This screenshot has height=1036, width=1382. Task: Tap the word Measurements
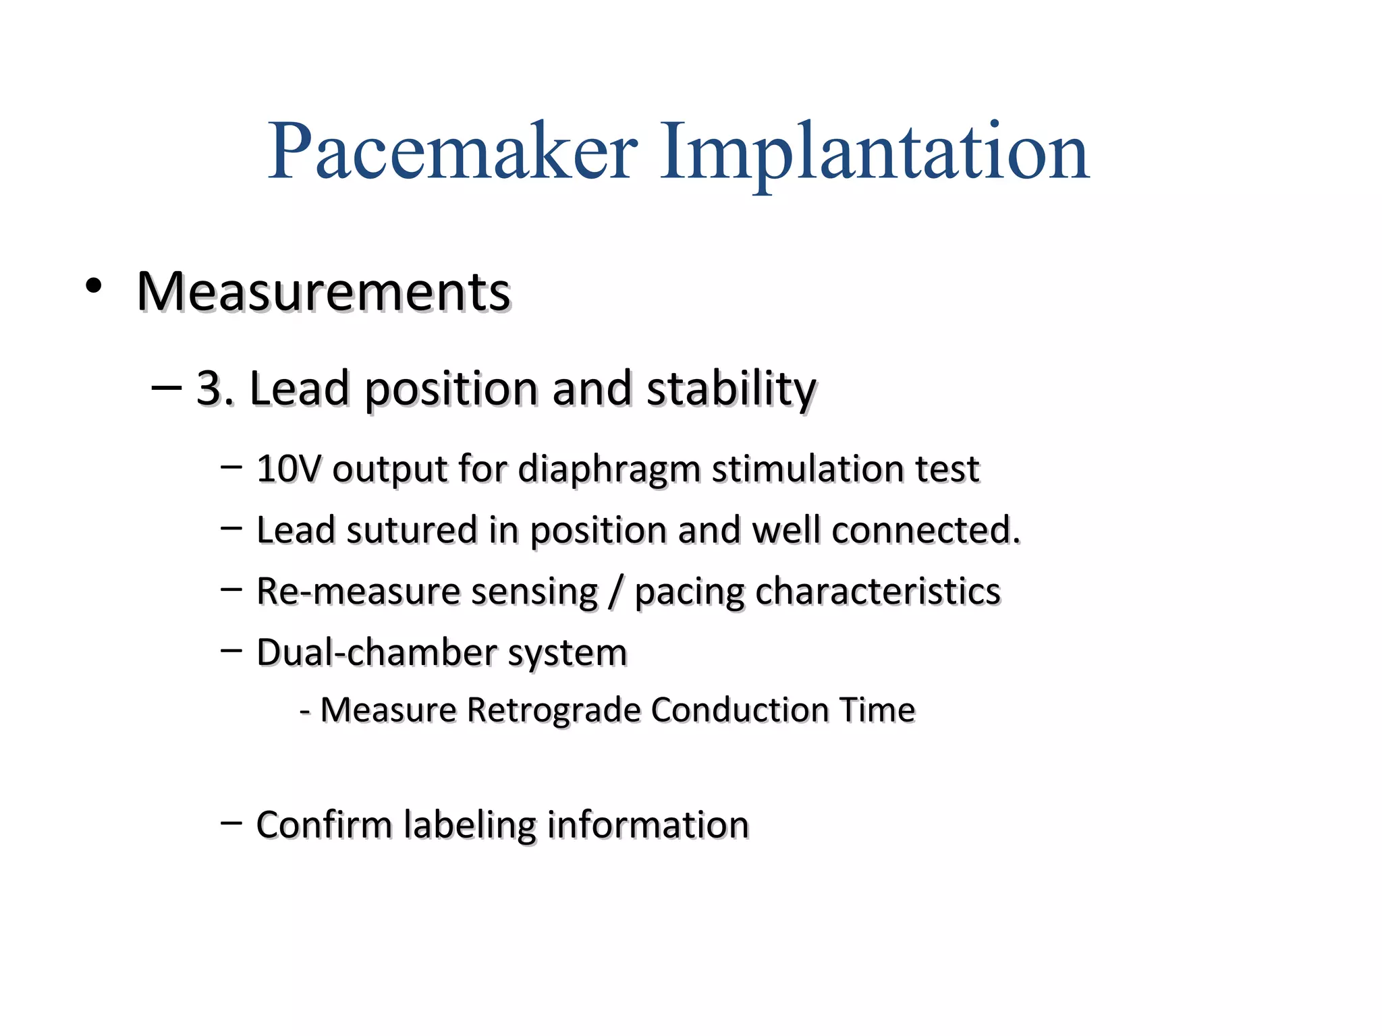(x=323, y=292)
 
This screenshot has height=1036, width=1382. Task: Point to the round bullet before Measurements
(x=93, y=286)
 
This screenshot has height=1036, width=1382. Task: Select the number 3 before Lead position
(x=209, y=388)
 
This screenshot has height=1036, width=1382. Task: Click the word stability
(x=731, y=390)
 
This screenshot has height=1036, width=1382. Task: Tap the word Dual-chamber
(x=377, y=653)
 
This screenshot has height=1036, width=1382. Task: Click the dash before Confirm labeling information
(x=231, y=822)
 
